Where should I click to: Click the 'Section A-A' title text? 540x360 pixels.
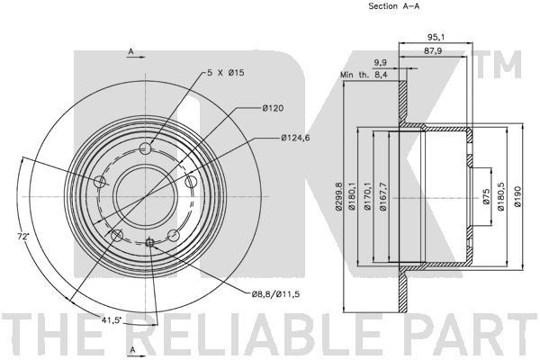394,6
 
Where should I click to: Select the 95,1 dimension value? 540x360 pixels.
436,37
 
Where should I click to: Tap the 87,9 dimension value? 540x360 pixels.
433,51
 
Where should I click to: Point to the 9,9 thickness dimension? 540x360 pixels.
381,63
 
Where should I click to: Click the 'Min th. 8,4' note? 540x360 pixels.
364,75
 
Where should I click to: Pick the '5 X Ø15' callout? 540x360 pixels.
226,73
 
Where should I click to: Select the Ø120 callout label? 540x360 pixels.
273,108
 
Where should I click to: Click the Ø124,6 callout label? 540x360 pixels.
295,138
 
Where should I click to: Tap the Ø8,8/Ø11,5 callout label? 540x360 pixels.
275,294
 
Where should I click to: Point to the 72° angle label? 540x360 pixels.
23,237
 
